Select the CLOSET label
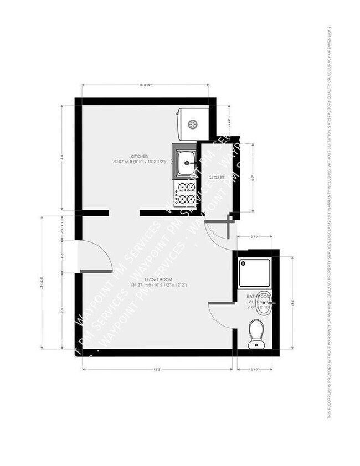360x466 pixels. coord(216,177)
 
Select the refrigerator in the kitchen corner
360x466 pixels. coord(192,123)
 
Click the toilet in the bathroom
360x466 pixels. coord(256,334)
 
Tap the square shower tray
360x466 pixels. coord(254,272)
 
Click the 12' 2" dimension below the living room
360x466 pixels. coord(157,369)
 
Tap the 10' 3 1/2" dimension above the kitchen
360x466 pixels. coord(145,85)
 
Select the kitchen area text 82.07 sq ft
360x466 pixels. coord(140,162)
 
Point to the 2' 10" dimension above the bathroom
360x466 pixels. coord(255,237)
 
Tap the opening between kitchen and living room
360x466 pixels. coord(124,213)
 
